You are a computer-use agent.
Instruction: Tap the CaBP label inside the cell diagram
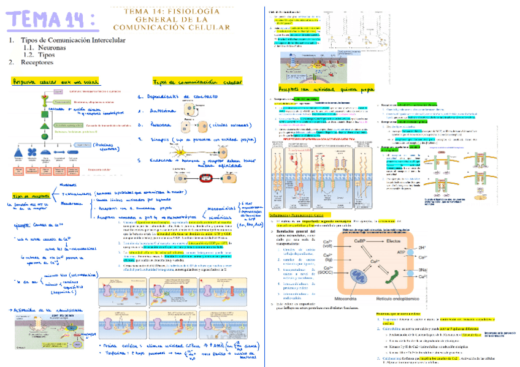[x=362, y=241]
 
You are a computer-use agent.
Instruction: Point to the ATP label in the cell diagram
[x=435, y=251]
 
